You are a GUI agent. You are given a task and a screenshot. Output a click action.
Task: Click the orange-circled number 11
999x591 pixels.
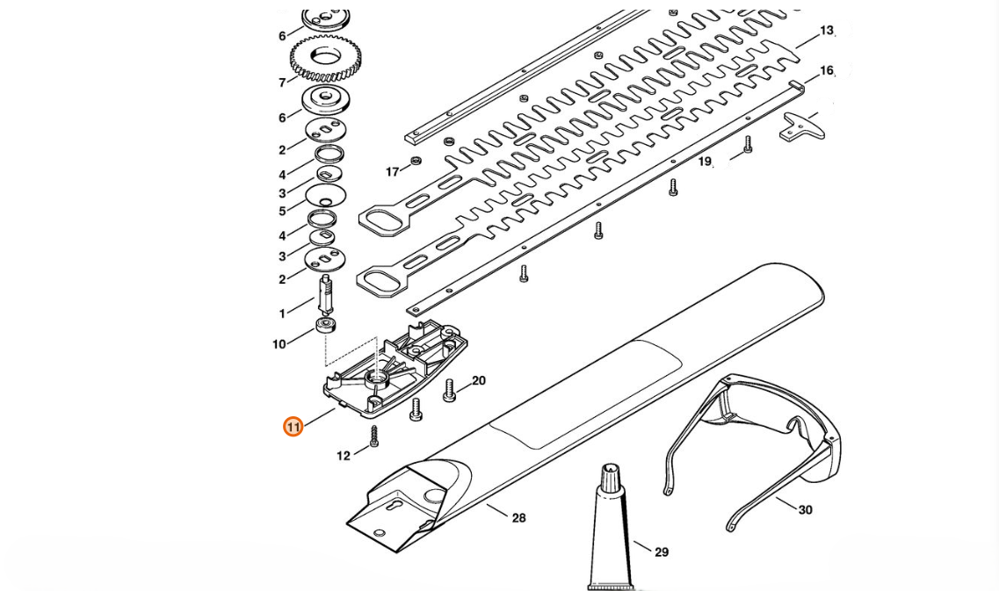click(x=293, y=427)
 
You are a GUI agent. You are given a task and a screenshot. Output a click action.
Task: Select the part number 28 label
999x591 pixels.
click(x=518, y=518)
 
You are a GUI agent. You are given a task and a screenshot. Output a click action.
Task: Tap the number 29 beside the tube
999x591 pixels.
click(x=662, y=552)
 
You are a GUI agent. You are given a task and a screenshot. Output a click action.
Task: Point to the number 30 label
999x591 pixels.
click(x=805, y=509)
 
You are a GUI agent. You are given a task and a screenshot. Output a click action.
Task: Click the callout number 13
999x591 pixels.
click(x=827, y=31)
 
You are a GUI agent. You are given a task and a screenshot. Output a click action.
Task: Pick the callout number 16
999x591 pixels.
click(x=827, y=70)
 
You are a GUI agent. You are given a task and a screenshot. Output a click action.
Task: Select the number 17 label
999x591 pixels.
click(x=393, y=171)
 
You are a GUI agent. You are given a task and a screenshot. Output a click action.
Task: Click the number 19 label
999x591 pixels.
click(x=705, y=162)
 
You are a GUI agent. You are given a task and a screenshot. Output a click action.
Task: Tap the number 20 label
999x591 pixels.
click(x=479, y=380)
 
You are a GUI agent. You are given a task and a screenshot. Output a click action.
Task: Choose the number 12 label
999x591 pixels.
click(x=344, y=456)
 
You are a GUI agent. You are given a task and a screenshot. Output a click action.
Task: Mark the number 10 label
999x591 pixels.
click(x=279, y=344)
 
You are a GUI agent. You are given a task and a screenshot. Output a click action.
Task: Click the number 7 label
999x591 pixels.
click(x=282, y=83)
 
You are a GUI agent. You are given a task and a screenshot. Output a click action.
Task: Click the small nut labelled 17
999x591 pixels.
click(x=416, y=160)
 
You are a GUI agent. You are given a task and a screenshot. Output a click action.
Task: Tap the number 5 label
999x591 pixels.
click(x=282, y=212)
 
